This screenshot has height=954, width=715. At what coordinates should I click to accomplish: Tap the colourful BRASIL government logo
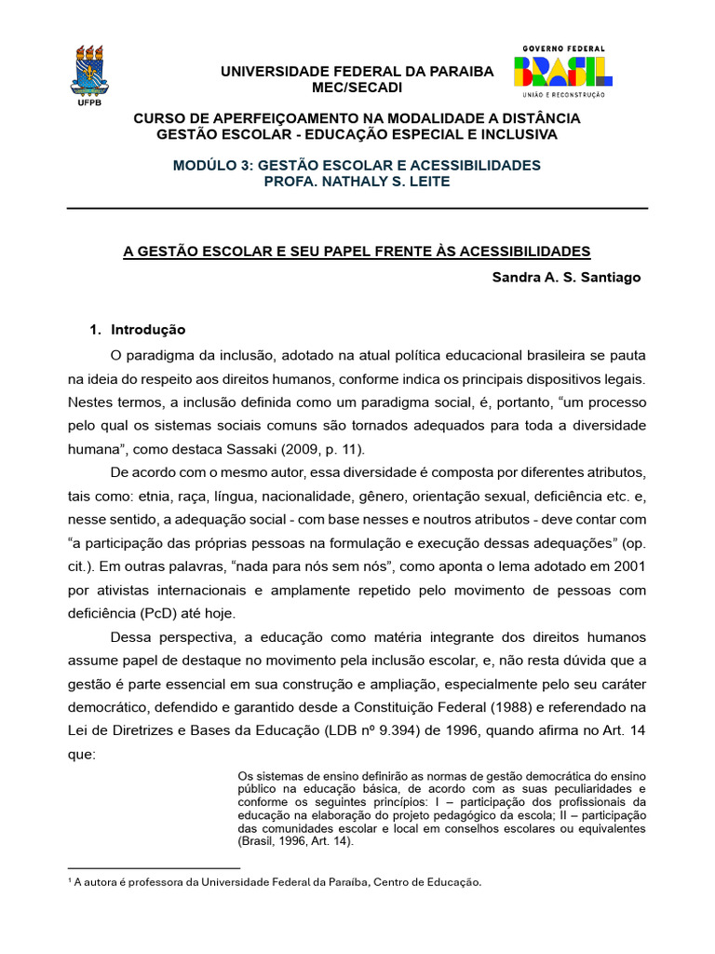(x=563, y=72)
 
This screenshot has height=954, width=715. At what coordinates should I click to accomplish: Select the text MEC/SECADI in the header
(x=357, y=88)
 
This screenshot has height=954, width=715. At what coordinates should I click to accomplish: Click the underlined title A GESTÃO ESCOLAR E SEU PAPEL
(x=357, y=252)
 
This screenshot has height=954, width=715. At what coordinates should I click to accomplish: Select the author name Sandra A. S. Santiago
(x=566, y=278)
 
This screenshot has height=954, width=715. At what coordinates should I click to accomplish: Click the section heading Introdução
(x=148, y=330)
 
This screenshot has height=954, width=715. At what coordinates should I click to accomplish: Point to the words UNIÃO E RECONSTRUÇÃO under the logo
(x=563, y=94)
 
